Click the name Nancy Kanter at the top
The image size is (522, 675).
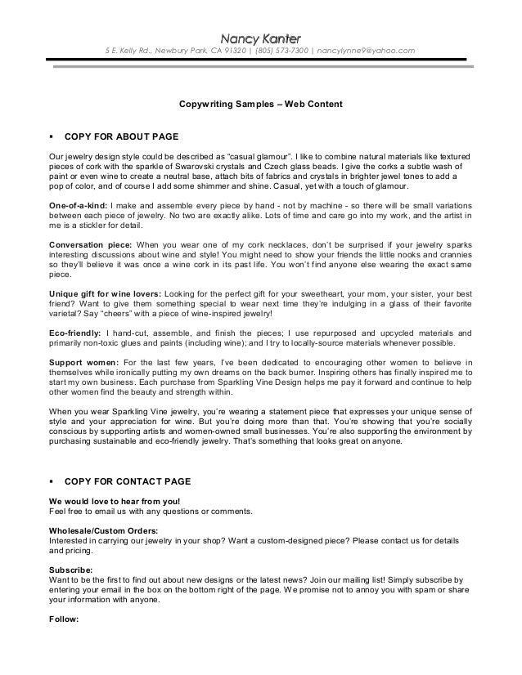260,38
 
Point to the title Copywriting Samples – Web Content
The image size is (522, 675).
260,105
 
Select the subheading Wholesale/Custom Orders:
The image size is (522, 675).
104,530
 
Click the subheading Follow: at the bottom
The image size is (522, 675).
64,619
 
